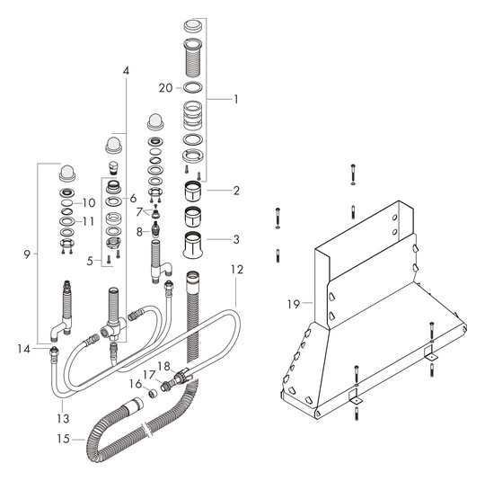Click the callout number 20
point(164,87)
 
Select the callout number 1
point(236,100)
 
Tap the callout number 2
point(236,190)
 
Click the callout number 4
point(126,70)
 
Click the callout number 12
point(236,269)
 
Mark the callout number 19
point(294,305)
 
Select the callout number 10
point(89,202)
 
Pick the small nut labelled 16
point(153,393)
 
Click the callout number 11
point(89,221)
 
